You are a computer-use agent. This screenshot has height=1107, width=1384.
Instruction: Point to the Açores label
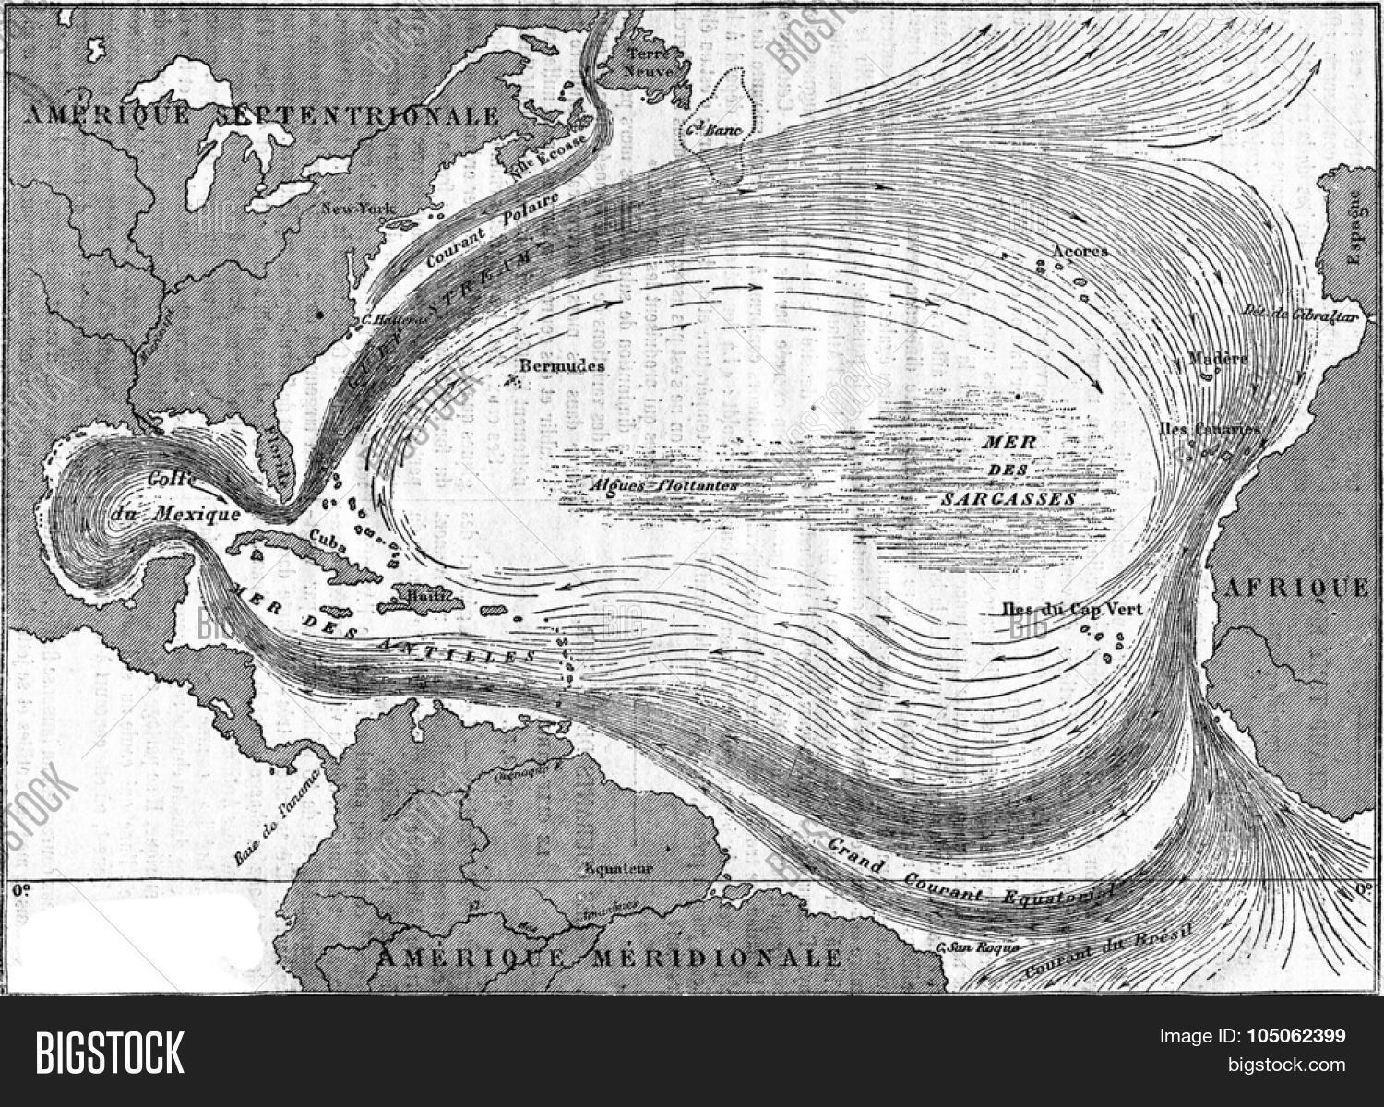point(1080,251)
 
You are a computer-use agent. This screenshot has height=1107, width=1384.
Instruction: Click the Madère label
point(1219,359)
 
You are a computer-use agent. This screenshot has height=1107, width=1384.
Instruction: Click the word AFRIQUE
point(1295,588)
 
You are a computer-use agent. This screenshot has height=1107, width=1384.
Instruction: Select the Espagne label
point(1354,227)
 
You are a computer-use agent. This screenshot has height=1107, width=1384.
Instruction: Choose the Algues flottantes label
point(663,484)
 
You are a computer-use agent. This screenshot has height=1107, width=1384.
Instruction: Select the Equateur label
point(618,868)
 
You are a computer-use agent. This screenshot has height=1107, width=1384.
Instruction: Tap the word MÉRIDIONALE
point(715,957)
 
